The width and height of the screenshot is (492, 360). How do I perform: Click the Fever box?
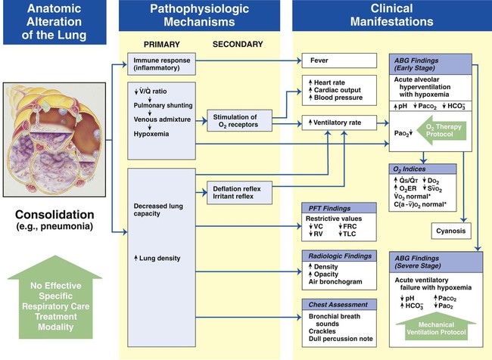coord(338,60)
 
